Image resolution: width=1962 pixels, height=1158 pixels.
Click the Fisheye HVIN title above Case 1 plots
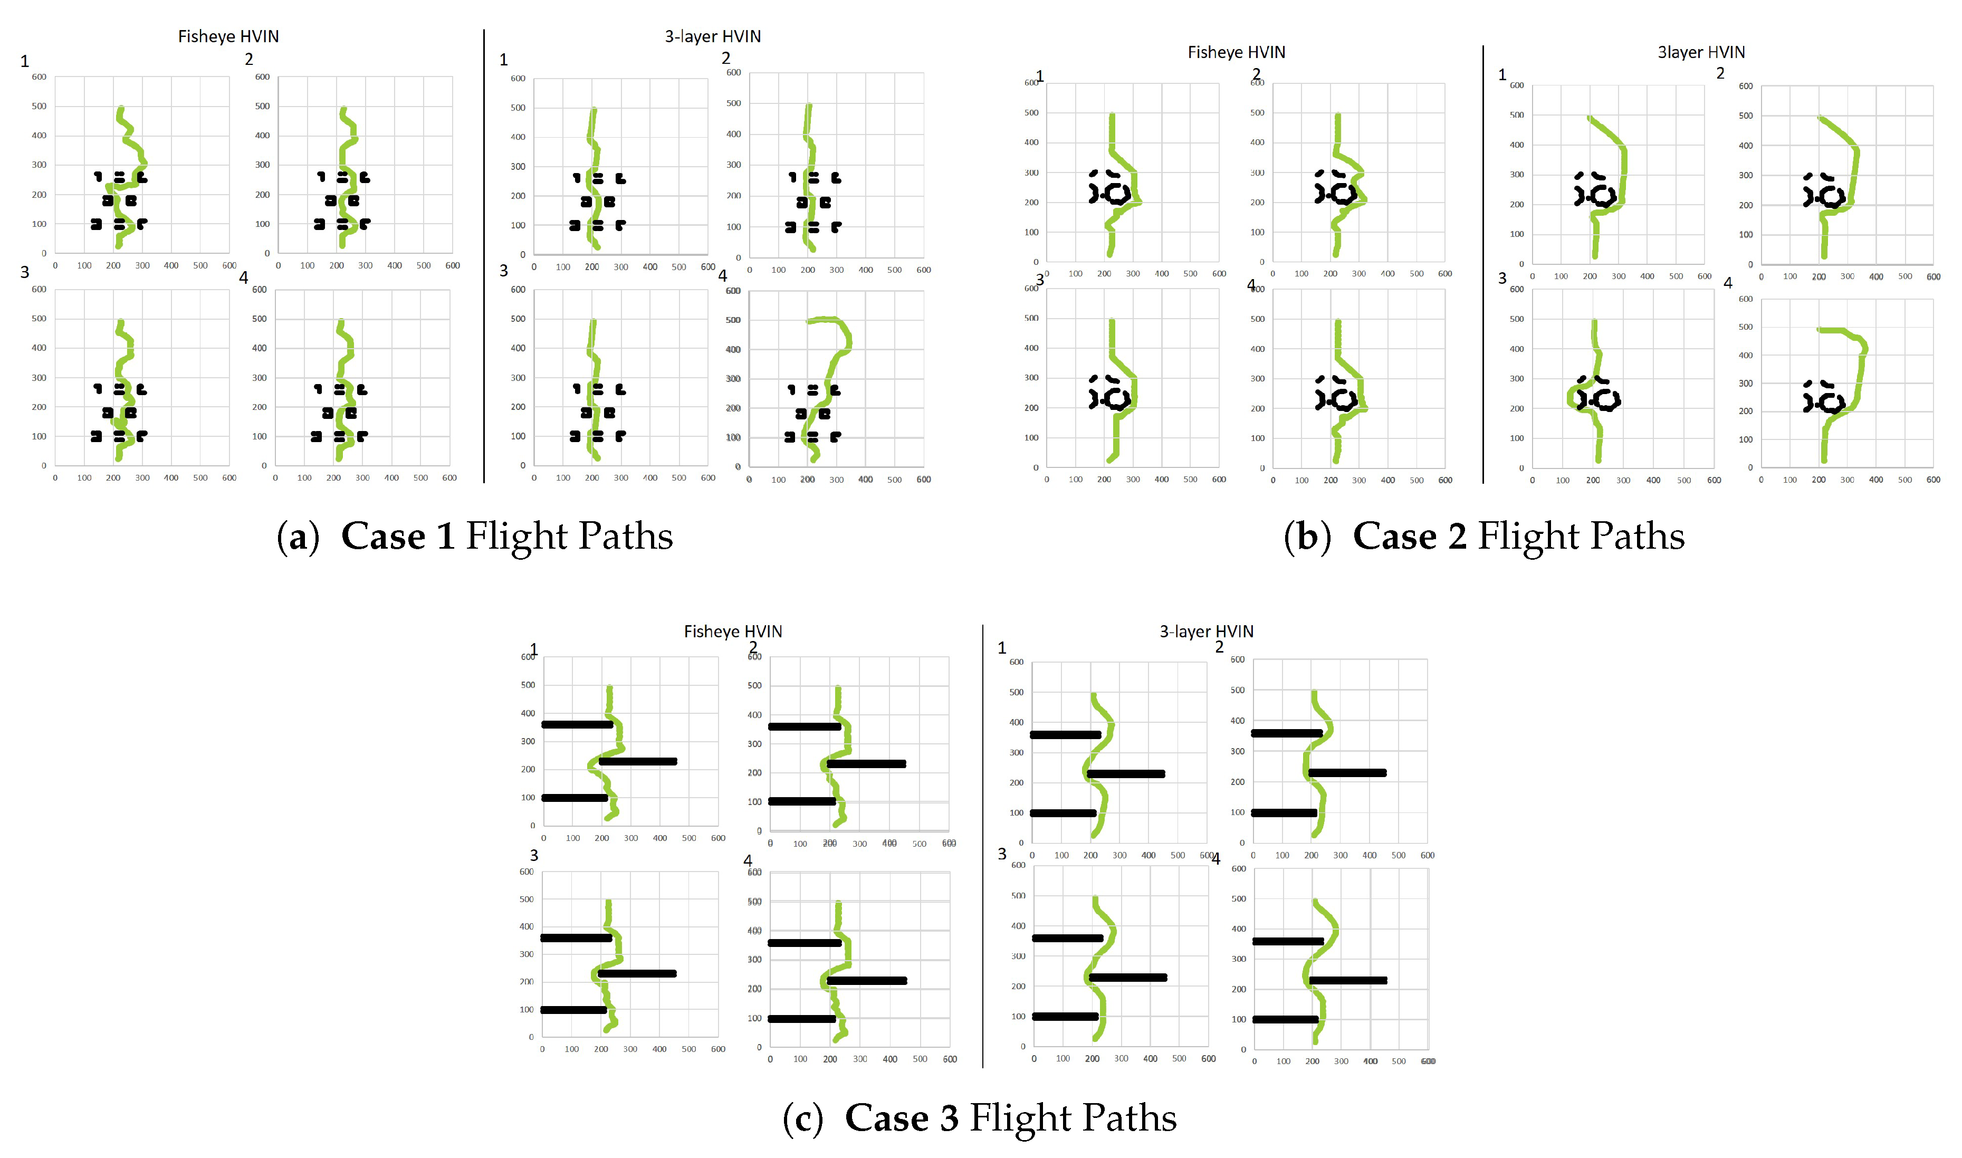(x=228, y=37)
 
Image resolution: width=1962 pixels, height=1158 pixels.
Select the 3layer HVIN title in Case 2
(x=1701, y=52)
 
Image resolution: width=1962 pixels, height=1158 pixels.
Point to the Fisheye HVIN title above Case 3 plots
(x=733, y=631)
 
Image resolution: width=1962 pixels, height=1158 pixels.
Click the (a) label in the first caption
(x=298, y=537)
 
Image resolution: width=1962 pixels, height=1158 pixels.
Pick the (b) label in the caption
(x=1307, y=537)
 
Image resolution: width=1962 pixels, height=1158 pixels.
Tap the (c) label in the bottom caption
(x=803, y=1118)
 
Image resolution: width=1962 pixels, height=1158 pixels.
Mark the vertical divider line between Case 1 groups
(x=484, y=257)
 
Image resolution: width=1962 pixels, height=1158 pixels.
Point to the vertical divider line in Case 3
(x=982, y=847)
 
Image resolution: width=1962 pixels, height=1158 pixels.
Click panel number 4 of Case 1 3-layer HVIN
(x=722, y=275)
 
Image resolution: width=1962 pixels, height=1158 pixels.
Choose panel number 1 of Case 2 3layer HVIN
(x=1502, y=75)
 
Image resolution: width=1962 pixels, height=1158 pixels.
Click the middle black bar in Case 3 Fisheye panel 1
(x=637, y=762)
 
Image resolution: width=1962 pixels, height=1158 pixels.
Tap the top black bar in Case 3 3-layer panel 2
(x=1287, y=733)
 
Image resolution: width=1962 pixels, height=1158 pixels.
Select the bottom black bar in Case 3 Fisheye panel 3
(x=573, y=1010)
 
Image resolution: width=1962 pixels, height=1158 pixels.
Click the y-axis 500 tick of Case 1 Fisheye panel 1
(x=39, y=106)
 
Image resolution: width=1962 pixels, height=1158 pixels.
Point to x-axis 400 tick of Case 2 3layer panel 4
(x=1876, y=480)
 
